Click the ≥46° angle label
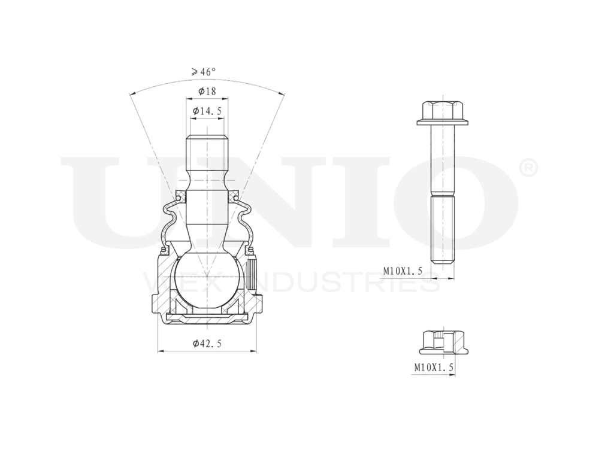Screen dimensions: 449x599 click(x=204, y=72)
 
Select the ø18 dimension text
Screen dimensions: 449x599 click(x=206, y=92)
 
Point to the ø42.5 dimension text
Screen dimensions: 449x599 click(x=208, y=343)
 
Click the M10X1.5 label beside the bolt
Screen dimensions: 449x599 click(x=403, y=271)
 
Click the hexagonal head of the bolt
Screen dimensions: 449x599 click(x=443, y=111)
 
